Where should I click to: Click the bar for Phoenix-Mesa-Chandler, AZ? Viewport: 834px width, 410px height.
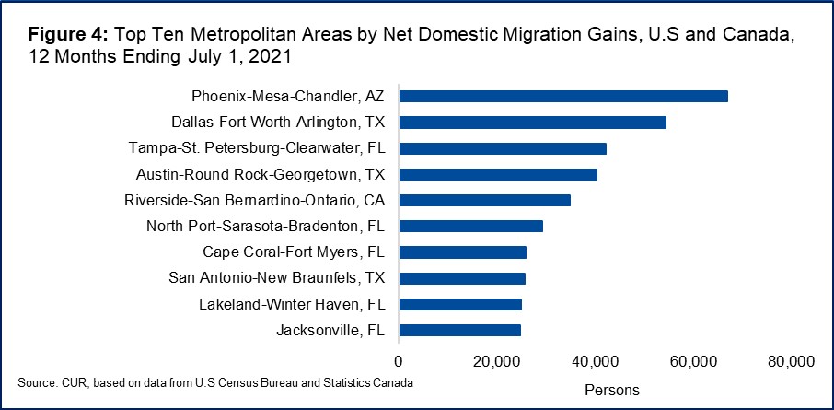(x=563, y=96)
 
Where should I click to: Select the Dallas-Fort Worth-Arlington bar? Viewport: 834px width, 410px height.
(x=532, y=122)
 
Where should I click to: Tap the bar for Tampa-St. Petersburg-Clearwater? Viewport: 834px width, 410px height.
(x=503, y=148)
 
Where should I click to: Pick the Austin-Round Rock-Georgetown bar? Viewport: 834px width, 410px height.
(x=498, y=174)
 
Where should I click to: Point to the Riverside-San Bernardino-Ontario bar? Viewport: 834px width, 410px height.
(x=484, y=200)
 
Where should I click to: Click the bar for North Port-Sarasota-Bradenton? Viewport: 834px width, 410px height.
(x=470, y=226)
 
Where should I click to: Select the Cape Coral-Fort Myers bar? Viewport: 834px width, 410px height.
(x=462, y=252)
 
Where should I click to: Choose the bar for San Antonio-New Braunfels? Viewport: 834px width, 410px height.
(x=462, y=278)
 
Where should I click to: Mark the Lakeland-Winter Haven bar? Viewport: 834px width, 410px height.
(x=460, y=304)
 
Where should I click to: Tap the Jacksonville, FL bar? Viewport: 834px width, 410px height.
(x=459, y=330)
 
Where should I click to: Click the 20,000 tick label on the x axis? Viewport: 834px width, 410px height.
(x=497, y=360)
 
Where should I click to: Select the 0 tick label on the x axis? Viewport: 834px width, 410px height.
(x=399, y=360)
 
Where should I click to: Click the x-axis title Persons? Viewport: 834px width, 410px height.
(x=612, y=390)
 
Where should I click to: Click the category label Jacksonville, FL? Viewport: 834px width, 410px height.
(x=331, y=330)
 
